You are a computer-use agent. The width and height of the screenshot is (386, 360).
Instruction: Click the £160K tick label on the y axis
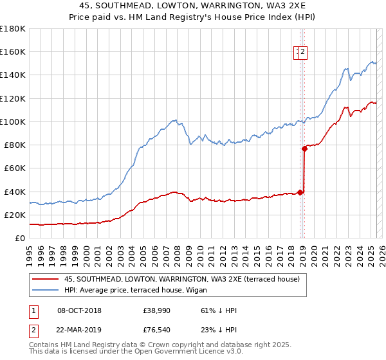pos(12,51)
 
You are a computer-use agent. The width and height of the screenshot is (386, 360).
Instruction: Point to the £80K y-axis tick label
pos(14,145)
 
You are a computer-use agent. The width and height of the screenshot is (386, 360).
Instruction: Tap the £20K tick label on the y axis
pos(14,215)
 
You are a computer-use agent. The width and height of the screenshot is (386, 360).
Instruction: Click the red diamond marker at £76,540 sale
pos(304,148)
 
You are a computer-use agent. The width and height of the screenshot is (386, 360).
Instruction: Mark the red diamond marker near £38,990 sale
pos(300,192)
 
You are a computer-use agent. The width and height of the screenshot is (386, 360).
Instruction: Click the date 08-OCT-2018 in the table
pos(79,310)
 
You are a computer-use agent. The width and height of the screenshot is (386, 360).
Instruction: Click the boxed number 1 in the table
pos(33,310)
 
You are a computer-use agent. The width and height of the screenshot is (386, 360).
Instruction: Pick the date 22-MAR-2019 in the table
pos(79,330)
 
